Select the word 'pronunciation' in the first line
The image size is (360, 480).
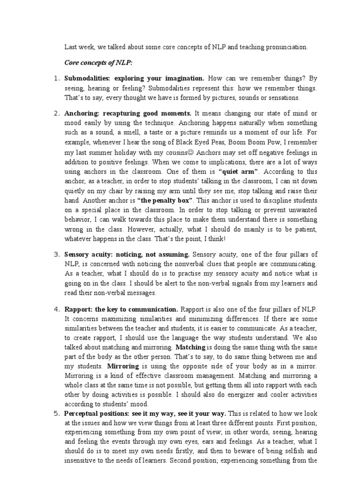[285, 47]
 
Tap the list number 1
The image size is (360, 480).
[56, 78]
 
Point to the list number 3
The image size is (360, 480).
[56, 255]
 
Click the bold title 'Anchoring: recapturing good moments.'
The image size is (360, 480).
[128, 113]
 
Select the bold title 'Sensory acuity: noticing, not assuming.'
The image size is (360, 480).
[127, 255]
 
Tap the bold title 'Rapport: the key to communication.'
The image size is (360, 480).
[121, 309]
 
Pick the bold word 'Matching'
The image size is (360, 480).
[190, 348]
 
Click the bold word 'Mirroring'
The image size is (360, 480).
[123, 366]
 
